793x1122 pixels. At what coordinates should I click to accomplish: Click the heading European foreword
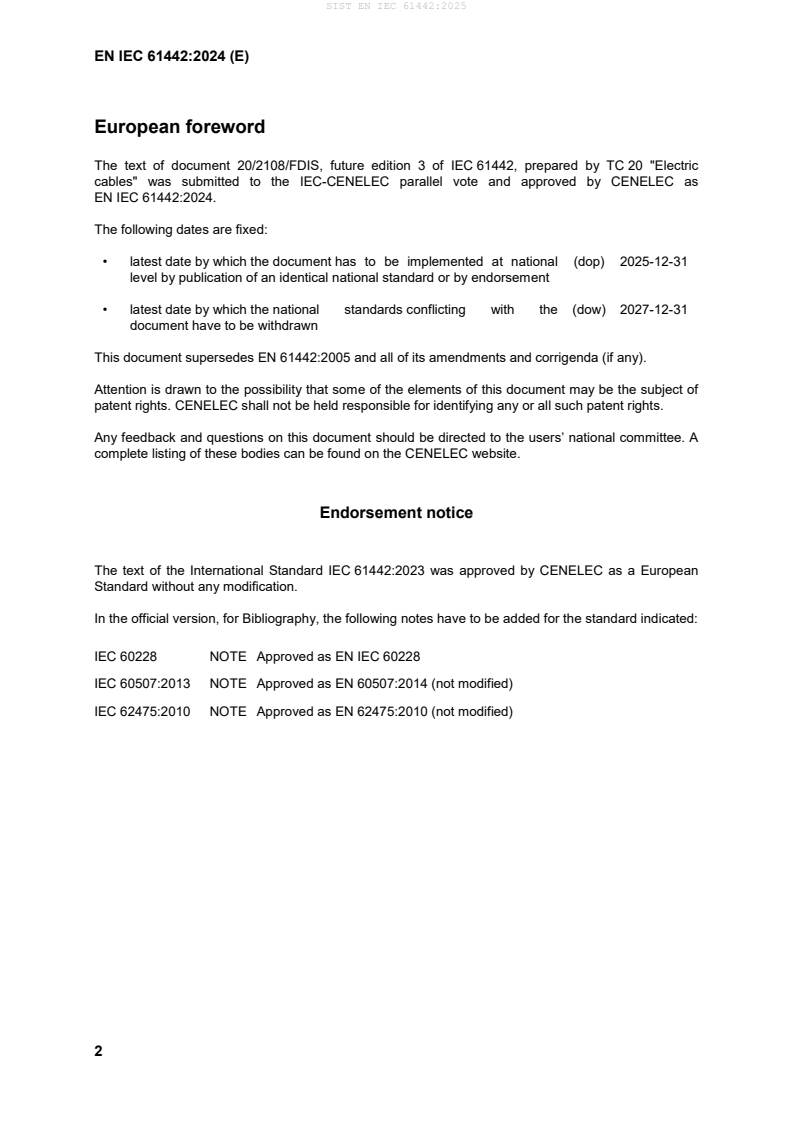click(179, 127)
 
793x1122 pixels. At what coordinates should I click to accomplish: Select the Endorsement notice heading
click(396, 513)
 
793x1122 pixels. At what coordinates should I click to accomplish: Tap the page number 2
click(98, 1051)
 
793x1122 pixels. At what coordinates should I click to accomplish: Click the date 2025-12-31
click(653, 261)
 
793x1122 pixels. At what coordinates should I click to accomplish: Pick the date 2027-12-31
click(653, 310)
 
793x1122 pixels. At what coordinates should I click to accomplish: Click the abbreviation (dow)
click(589, 310)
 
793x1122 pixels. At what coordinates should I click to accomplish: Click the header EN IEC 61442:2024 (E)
click(171, 57)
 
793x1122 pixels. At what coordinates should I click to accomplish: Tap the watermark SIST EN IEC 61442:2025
click(396, 6)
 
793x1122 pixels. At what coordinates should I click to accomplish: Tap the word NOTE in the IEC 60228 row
click(228, 656)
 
